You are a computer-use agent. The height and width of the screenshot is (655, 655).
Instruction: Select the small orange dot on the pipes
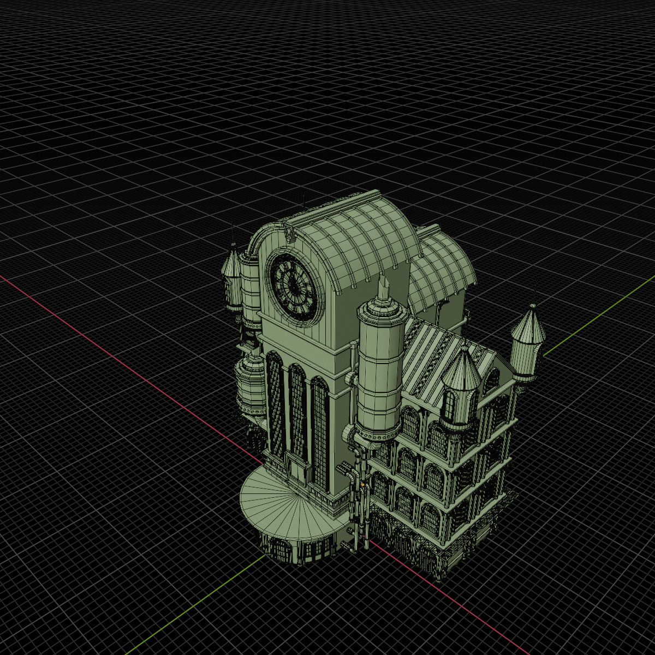coord(363,484)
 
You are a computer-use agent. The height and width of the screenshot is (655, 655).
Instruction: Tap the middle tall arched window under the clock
coord(298,415)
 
